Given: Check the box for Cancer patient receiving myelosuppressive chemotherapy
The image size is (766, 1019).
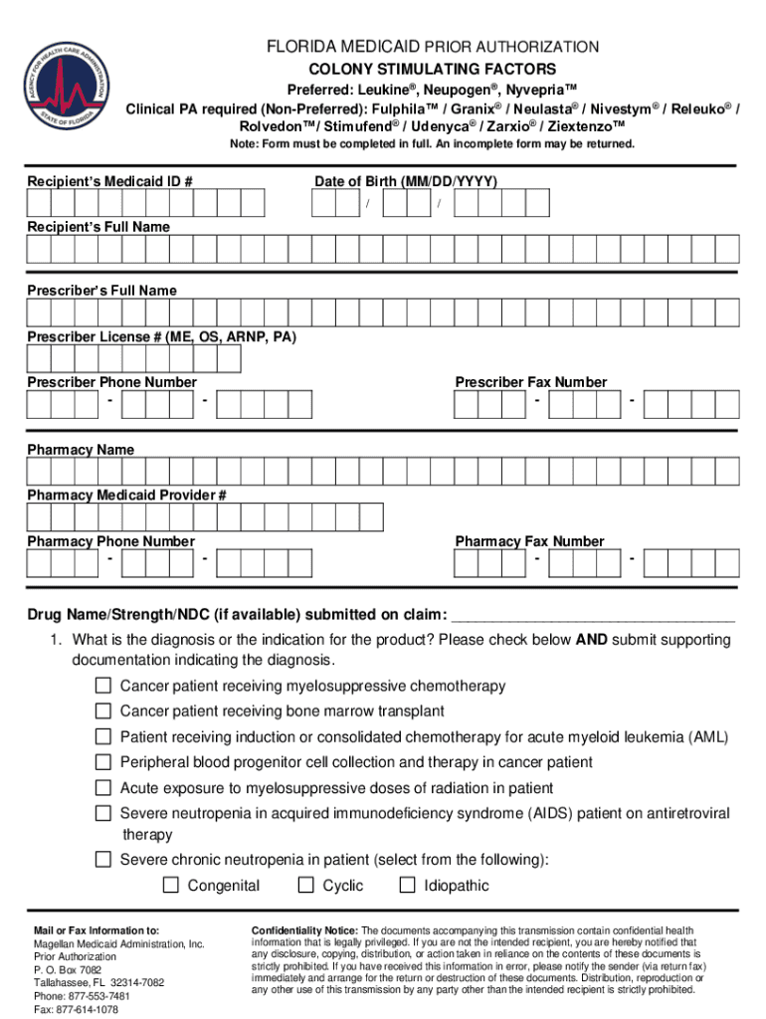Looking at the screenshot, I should point(103,686).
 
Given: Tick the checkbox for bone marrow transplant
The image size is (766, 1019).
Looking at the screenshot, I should point(103,711).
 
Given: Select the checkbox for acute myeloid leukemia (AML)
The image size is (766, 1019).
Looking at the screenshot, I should point(103,736).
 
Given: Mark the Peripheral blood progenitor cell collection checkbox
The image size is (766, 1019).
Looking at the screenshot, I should point(103,762).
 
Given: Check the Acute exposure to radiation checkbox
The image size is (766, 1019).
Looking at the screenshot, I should point(103,788).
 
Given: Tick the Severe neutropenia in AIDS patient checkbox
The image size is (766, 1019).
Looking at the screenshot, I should point(103,814).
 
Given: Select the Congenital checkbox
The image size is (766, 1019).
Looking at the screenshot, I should point(171,886).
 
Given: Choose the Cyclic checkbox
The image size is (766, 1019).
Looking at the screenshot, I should point(306,886).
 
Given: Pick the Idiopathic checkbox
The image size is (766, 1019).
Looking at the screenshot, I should point(407,886).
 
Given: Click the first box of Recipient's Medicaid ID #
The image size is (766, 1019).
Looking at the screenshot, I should point(39,203).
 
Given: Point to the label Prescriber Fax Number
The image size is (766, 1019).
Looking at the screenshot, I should point(530,382).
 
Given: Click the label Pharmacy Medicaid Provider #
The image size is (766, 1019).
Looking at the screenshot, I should point(127,495).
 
